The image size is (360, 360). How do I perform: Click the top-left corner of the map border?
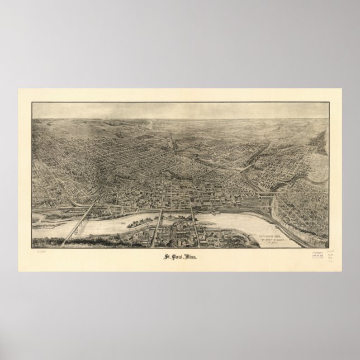click(x=32, y=102)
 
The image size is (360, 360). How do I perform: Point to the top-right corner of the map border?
click(x=328, y=102)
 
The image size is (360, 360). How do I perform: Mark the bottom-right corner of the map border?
click(x=328, y=247)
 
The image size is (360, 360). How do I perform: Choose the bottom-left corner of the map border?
click(x=32, y=247)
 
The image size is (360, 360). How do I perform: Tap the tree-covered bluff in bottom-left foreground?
click(x=56, y=241)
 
